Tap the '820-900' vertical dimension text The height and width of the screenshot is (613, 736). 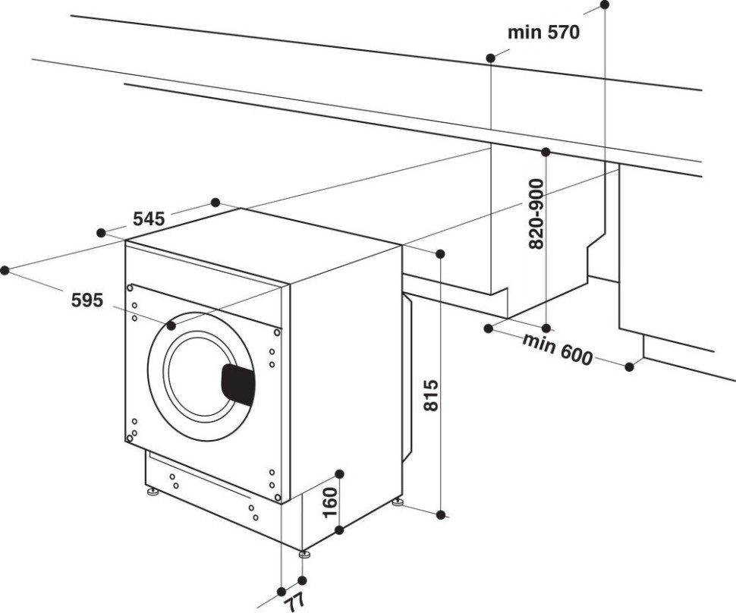pos(536,215)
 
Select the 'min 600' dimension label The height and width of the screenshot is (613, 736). pos(556,347)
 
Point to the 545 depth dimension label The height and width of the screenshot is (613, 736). pos(149,219)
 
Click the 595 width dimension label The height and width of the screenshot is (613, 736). pos(86,300)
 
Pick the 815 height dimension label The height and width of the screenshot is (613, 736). pos(430,395)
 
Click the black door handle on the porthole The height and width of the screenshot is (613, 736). pos(237,382)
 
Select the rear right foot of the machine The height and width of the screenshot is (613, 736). pos(397,501)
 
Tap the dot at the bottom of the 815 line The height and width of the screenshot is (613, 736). pos(441,514)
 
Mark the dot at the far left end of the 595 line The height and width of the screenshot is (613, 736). pos(5,269)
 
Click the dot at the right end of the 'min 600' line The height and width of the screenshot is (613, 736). pos(629,367)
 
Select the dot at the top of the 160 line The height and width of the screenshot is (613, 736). pos(339,474)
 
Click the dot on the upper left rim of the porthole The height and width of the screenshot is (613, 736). pos(171,325)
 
